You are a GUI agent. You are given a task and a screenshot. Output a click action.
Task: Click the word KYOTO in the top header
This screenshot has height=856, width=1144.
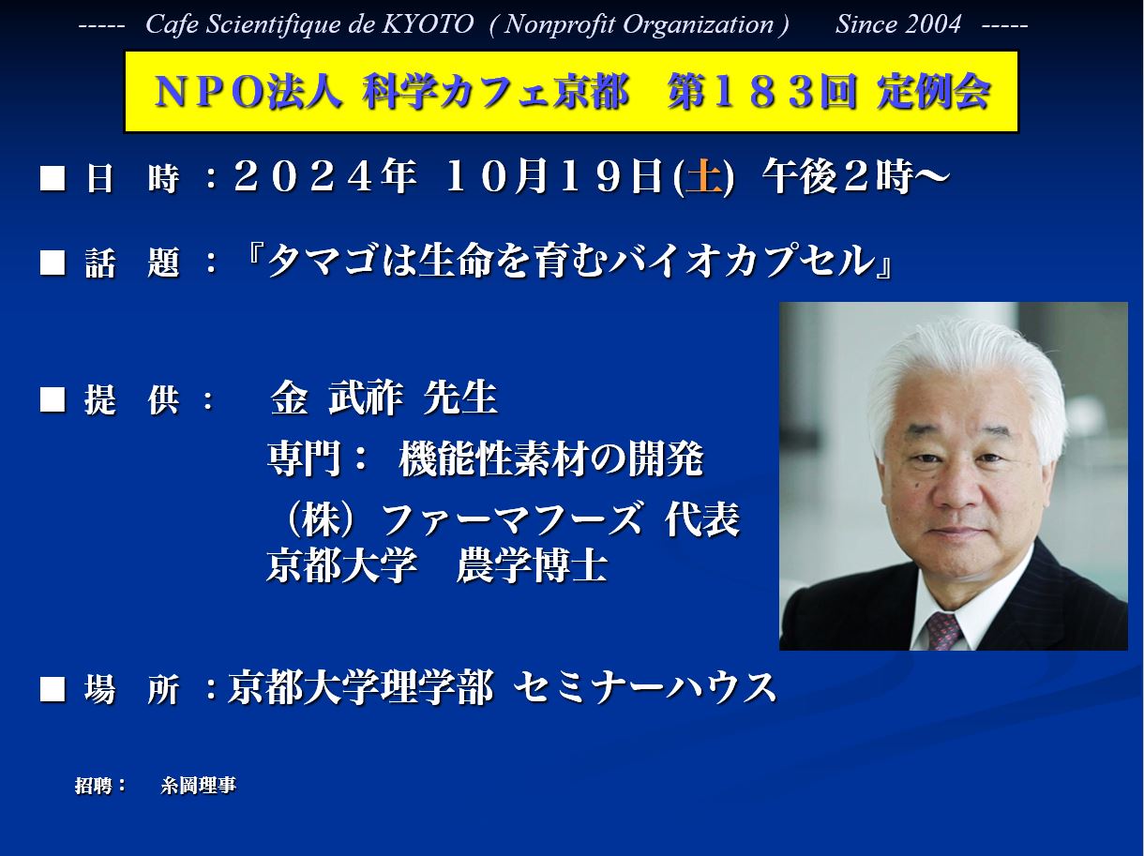point(428,24)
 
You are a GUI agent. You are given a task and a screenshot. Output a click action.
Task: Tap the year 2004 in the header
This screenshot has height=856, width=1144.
point(930,24)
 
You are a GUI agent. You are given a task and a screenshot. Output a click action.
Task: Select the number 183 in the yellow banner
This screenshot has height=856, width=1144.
point(762,92)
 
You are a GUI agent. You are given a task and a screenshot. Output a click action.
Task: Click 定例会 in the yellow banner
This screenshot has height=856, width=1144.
point(933,92)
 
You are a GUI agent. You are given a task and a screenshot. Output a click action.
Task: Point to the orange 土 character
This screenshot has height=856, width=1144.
point(703,177)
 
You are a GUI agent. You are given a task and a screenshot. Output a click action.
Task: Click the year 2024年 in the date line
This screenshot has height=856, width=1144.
point(325,177)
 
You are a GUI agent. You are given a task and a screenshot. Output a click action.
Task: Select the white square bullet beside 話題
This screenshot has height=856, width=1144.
point(53,263)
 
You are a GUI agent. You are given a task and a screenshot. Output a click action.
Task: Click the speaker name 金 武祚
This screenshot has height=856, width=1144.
point(337,398)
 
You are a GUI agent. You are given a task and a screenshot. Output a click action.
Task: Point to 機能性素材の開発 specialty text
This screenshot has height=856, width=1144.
point(550,458)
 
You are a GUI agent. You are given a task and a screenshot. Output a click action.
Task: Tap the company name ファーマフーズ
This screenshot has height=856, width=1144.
point(512,518)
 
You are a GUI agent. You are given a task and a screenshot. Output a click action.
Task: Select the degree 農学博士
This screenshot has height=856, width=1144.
point(532,565)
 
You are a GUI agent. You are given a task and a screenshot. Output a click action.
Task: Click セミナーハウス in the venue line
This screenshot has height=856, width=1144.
point(645,688)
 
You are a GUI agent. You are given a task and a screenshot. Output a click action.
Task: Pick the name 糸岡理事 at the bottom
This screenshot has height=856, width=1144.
point(198,786)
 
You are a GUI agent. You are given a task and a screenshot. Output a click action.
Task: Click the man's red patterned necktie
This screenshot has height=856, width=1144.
point(943,630)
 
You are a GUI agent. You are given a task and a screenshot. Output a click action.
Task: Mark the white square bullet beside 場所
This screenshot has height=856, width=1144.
point(53,689)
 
